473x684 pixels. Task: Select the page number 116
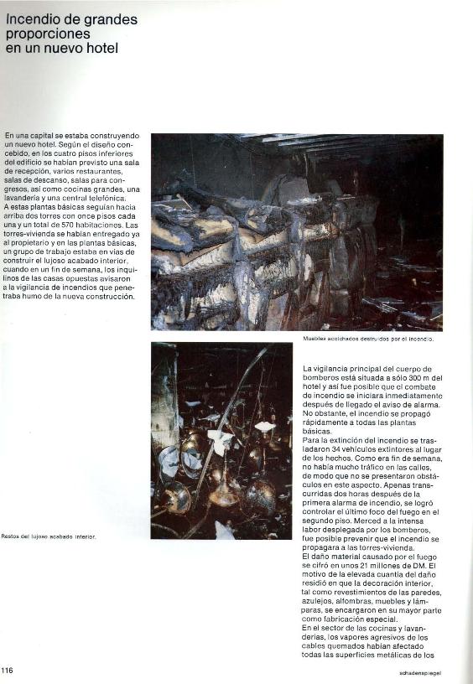pyautogui.click(x=8, y=670)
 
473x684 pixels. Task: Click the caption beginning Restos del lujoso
pyautogui.click(x=49, y=536)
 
